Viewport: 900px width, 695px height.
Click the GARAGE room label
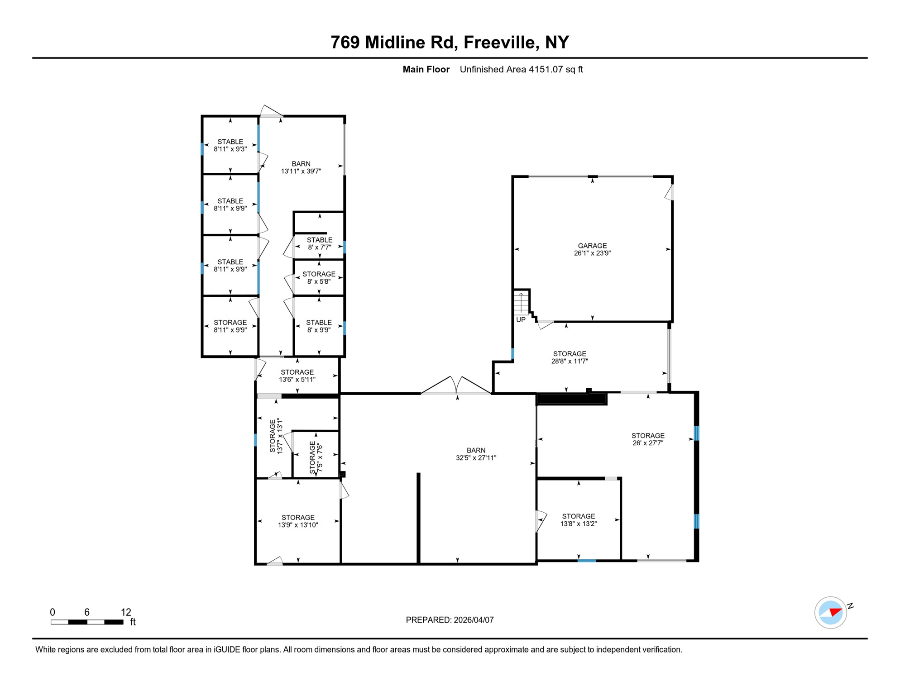(592, 246)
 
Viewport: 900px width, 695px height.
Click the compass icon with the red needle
(830, 613)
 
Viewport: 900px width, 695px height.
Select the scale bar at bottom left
(87, 622)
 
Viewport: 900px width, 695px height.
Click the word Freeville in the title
(499, 42)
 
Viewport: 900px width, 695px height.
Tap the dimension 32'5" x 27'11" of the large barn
(476, 458)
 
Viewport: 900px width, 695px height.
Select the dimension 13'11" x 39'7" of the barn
(301, 171)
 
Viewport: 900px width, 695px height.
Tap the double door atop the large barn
(456, 386)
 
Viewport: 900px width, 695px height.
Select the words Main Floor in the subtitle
(426, 70)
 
